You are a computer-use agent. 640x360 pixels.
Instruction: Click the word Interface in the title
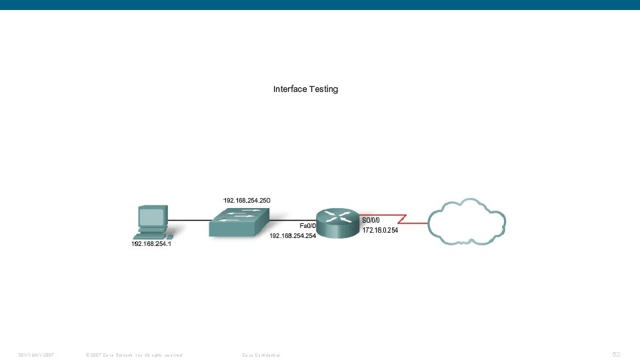pyautogui.click(x=290, y=89)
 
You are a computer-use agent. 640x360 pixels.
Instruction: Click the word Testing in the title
pyautogui.click(x=323, y=89)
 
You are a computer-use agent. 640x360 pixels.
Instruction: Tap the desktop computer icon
pyautogui.click(x=153, y=222)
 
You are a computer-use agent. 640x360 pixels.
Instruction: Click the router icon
pyautogui.click(x=337, y=222)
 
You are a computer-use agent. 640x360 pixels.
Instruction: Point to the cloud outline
pyautogui.click(x=467, y=222)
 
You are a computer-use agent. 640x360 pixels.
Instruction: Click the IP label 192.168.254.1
pyautogui.click(x=152, y=245)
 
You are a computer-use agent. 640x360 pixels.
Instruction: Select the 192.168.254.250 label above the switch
pyautogui.click(x=247, y=200)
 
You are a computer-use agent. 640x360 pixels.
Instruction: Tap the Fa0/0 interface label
pyautogui.click(x=307, y=225)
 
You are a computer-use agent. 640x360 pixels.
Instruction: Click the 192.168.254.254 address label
pyautogui.click(x=292, y=236)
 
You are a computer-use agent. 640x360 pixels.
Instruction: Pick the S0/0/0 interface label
pyautogui.click(x=371, y=220)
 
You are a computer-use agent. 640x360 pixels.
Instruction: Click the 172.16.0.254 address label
pyautogui.click(x=380, y=231)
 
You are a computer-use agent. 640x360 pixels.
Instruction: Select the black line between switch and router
pyautogui.click(x=293, y=220)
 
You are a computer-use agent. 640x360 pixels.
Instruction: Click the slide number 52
pyautogui.click(x=616, y=354)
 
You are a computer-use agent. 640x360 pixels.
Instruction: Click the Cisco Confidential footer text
pyautogui.click(x=261, y=355)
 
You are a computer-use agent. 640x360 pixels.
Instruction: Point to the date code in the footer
pyautogui.click(x=36, y=355)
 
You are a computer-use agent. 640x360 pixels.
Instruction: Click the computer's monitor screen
pyautogui.click(x=151, y=217)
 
